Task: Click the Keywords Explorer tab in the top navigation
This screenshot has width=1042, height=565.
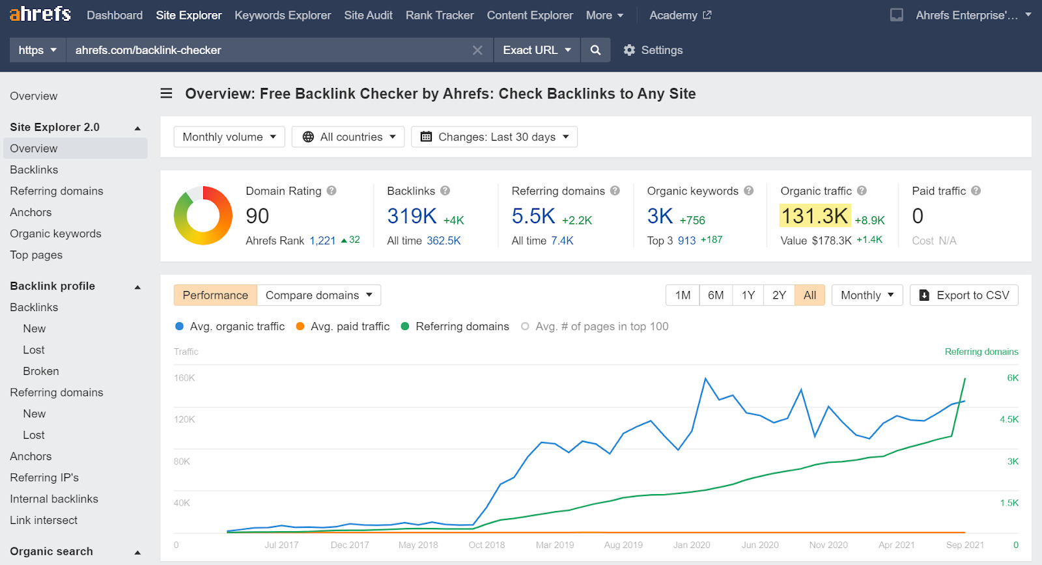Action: tap(283, 15)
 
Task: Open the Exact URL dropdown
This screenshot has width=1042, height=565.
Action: tap(537, 50)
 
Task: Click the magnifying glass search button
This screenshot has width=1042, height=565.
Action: tap(595, 50)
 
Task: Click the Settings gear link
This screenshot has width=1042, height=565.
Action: tap(653, 50)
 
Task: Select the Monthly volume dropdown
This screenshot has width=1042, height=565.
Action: tap(229, 137)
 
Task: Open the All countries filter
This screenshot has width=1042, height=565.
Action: tap(348, 137)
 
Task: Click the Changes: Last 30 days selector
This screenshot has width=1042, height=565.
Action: tap(494, 137)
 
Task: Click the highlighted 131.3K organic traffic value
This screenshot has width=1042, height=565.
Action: tap(814, 216)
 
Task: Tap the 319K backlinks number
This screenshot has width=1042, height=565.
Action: tap(412, 216)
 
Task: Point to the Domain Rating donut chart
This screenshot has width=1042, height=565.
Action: tap(203, 215)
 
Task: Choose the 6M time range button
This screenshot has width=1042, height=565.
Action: tap(716, 295)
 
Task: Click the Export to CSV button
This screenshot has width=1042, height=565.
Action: tap(964, 295)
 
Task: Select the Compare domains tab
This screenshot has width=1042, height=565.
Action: tap(318, 295)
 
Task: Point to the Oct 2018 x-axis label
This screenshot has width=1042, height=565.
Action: tap(486, 545)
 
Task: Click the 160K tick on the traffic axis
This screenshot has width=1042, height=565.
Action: tap(184, 378)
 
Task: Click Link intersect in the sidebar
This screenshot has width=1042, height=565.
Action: tap(44, 520)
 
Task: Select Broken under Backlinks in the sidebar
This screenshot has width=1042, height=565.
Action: tap(41, 371)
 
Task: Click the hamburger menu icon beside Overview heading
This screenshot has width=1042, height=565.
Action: tap(167, 94)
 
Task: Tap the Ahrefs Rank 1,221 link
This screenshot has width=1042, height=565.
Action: tap(322, 241)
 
